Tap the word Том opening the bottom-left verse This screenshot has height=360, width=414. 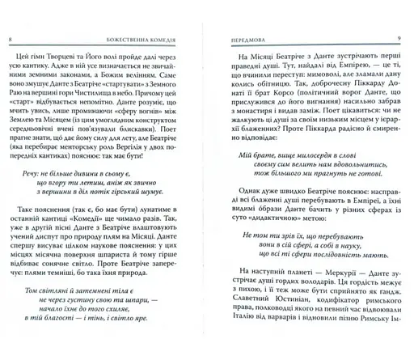(x=27, y=312)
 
